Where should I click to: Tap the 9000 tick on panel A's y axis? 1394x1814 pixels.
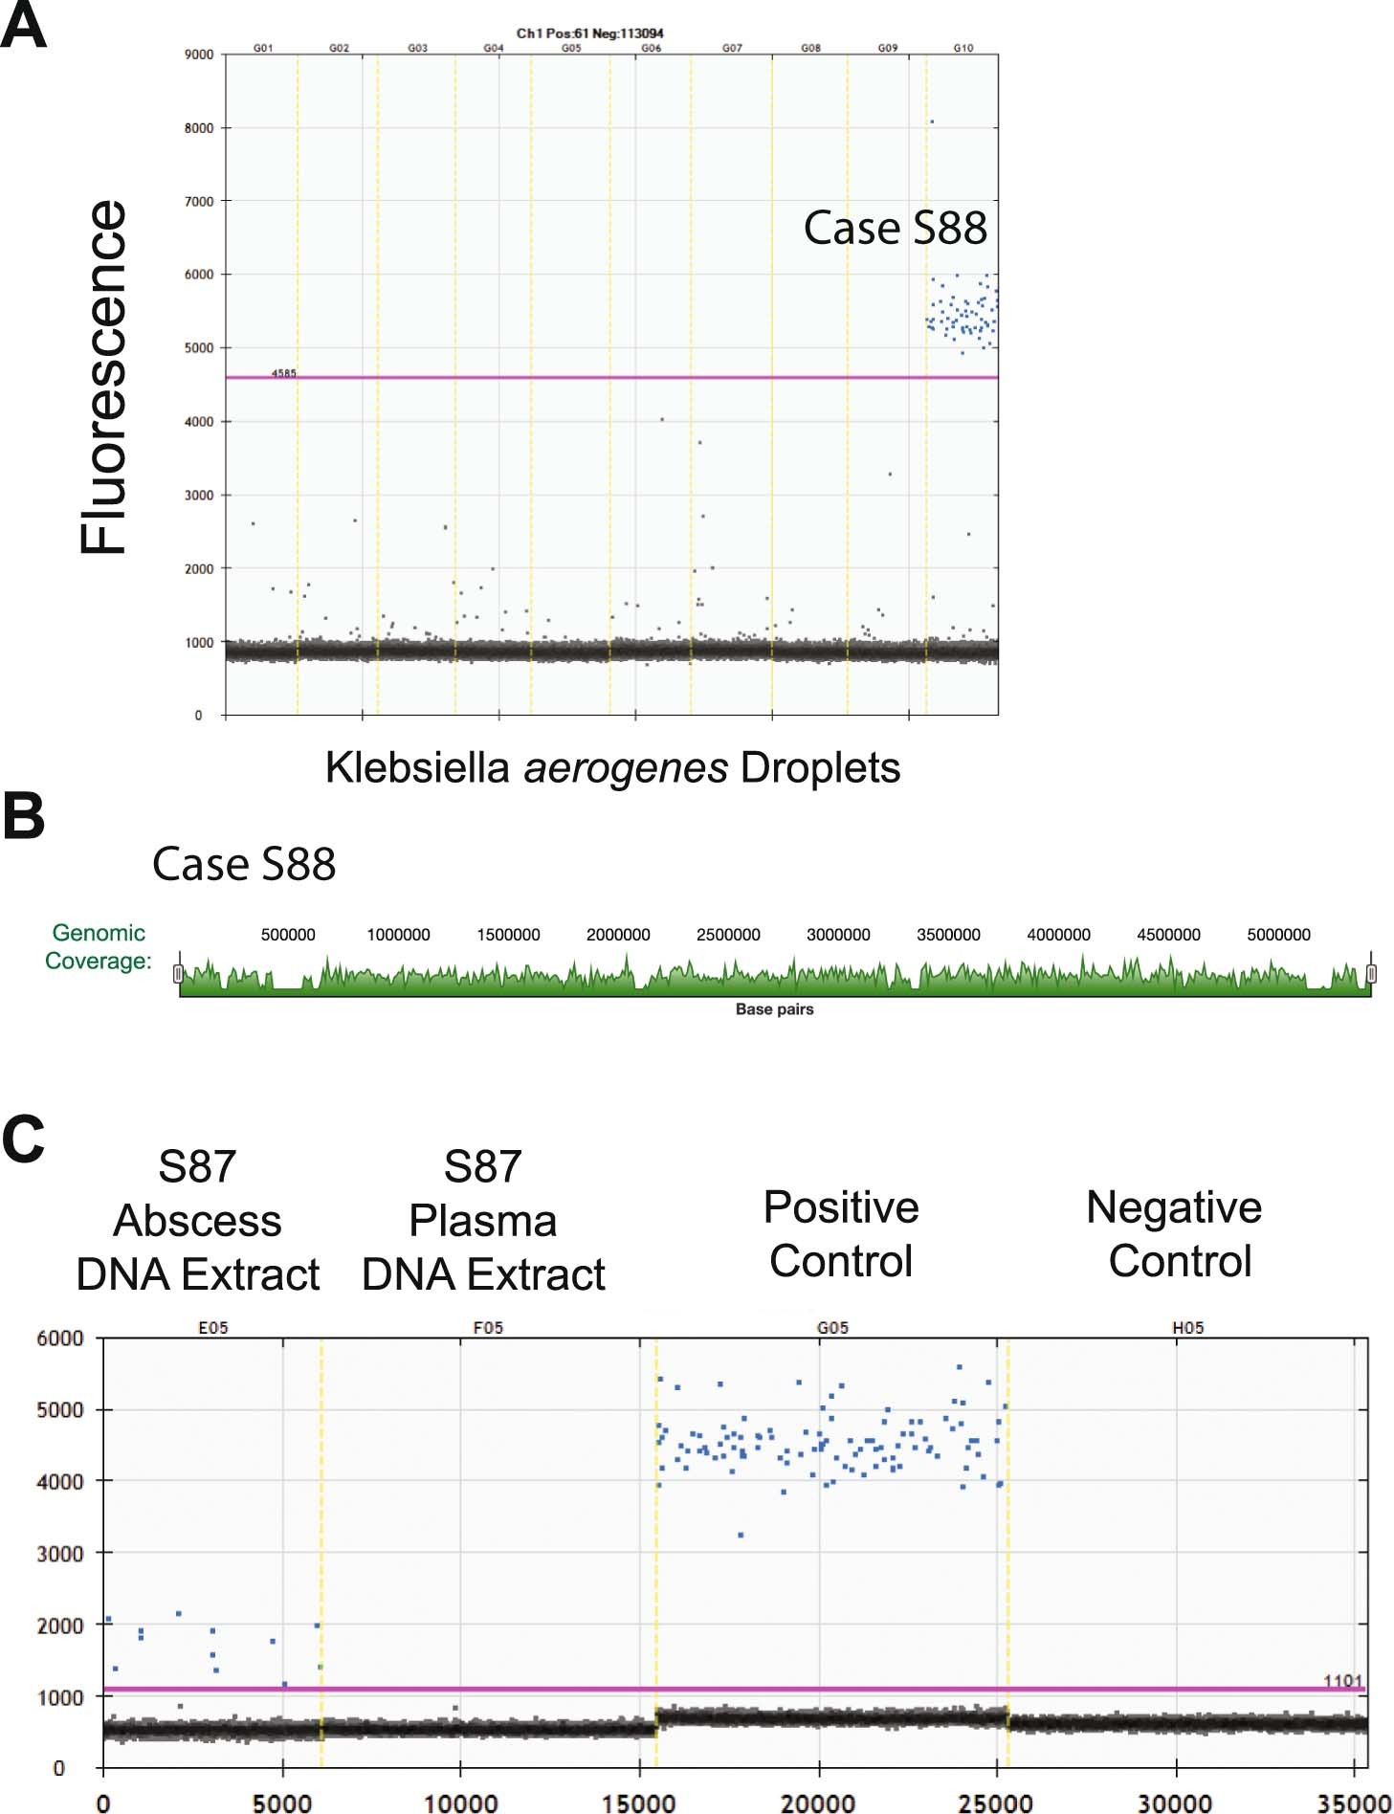tap(198, 55)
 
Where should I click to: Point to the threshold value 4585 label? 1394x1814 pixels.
tap(283, 373)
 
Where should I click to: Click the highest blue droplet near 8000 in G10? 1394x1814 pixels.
tap(932, 122)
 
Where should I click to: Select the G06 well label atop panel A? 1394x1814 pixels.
tap(651, 48)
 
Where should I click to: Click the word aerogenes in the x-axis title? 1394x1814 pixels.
tap(626, 767)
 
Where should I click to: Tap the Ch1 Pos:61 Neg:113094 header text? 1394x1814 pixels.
tap(589, 33)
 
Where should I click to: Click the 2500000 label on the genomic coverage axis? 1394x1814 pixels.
tap(728, 935)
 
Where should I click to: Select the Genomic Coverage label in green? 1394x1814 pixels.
tap(98, 946)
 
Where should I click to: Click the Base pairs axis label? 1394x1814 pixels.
tap(774, 1009)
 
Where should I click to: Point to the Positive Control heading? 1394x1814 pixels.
tap(840, 1234)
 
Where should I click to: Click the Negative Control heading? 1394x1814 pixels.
tap(1175, 1234)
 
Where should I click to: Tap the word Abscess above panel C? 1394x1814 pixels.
tap(197, 1221)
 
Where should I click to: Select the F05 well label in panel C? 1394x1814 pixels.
tap(488, 1327)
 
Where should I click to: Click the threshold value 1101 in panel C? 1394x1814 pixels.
tap(1341, 1681)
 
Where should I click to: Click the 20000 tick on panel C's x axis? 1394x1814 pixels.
tap(818, 1803)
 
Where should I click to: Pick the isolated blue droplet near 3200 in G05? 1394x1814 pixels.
tap(741, 1535)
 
